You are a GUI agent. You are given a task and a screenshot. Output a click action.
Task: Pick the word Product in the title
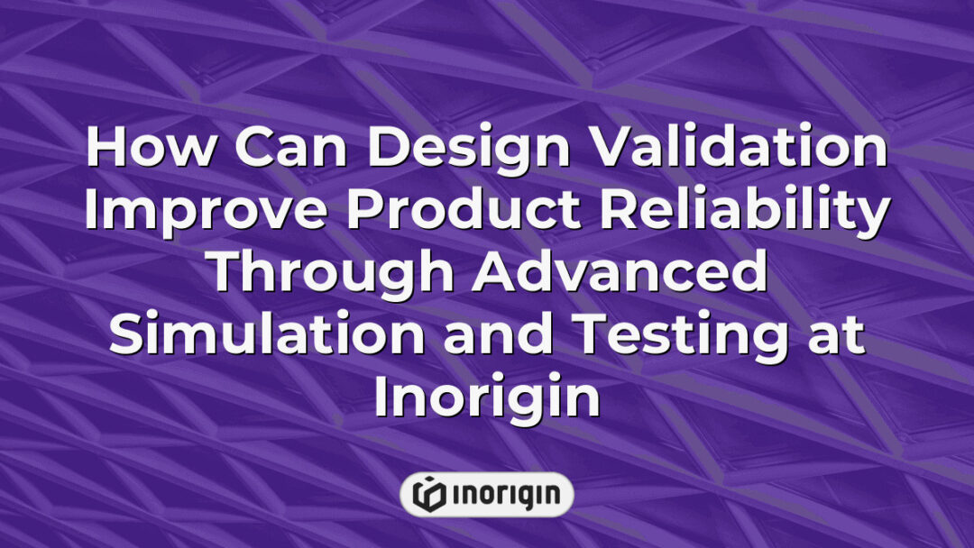[x=459, y=214]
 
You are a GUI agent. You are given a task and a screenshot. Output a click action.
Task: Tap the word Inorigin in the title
[x=487, y=397]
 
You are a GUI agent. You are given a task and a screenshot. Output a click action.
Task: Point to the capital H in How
[x=105, y=150]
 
